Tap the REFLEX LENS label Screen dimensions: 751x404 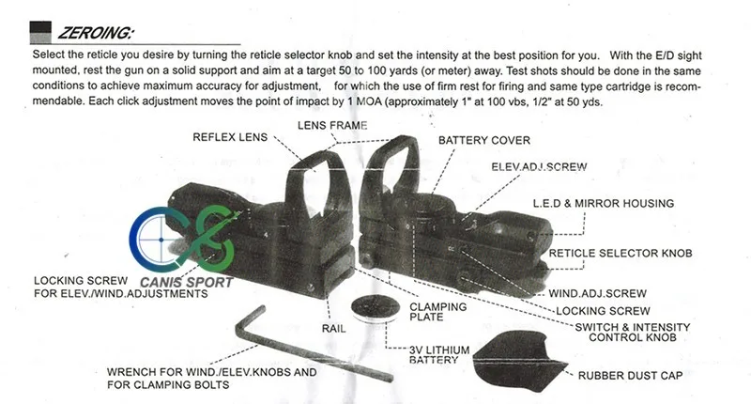[230, 137]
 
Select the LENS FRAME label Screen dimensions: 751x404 [332, 125]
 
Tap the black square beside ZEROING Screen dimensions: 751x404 [41, 33]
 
